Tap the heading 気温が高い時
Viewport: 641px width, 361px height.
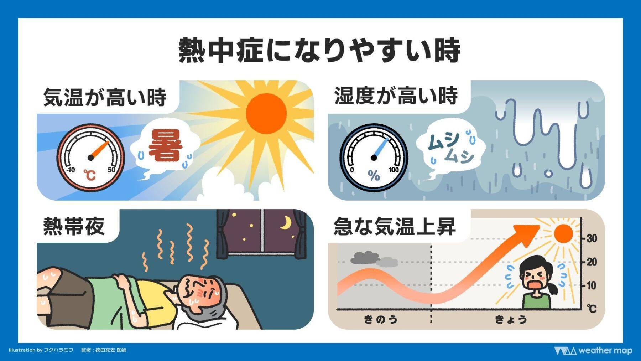105,97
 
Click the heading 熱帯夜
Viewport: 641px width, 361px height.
74,226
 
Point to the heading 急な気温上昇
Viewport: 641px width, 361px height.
395,226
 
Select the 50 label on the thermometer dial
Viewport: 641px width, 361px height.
111,170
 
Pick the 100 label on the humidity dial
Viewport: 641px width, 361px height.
394,170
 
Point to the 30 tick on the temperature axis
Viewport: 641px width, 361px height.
592,238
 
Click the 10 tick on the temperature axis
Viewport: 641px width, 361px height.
592,285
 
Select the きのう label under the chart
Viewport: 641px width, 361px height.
381,319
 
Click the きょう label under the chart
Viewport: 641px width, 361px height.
511,319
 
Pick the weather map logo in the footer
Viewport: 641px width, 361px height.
593,351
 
